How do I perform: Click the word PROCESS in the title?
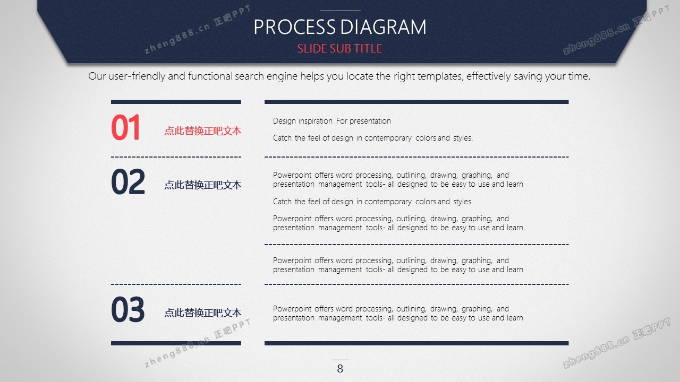coord(294,27)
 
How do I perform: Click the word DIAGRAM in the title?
coord(384,27)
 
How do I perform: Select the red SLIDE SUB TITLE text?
coord(339,48)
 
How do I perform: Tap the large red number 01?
coord(125,127)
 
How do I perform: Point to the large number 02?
coord(128,181)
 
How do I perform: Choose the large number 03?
coord(128,309)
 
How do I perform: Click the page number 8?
coord(340,369)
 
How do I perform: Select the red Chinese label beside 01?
coord(203,131)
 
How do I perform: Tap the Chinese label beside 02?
coord(203,185)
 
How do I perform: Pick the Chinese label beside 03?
coord(203,313)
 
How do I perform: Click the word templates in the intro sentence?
coord(440,76)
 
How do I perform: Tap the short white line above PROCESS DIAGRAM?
coord(340,11)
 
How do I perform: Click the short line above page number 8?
coord(340,360)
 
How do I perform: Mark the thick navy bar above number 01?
coord(176,102)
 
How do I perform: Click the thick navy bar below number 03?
coord(176,343)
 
